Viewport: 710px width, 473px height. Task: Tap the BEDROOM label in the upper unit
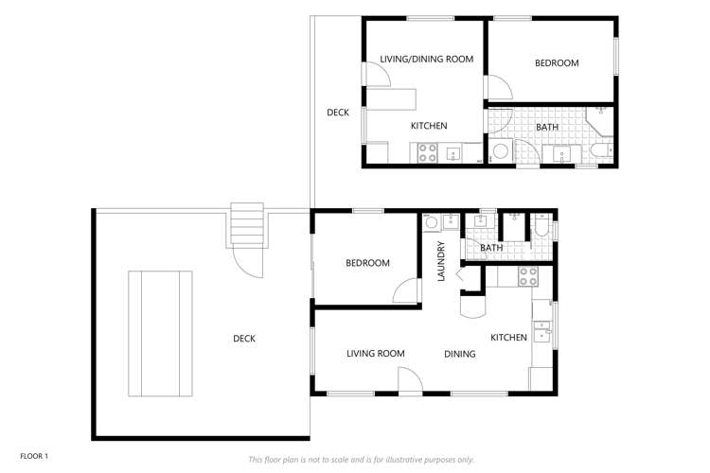(557, 63)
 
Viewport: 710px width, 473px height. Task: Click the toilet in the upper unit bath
(600, 150)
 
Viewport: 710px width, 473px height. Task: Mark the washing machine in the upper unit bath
(500, 151)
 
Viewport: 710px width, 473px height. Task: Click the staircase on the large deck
(247, 225)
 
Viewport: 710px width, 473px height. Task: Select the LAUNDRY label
(440, 262)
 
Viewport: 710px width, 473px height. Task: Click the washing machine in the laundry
(432, 223)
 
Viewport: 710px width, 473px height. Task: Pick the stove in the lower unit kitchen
(527, 276)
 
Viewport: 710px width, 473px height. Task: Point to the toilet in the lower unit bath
(541, 226)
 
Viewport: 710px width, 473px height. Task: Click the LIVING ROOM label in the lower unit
(375, 354)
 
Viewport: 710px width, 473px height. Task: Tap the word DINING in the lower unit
(460, 355)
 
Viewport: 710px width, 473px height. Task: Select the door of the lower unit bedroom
(408, 290)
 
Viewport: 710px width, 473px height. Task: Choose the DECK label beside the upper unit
(338, 113)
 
